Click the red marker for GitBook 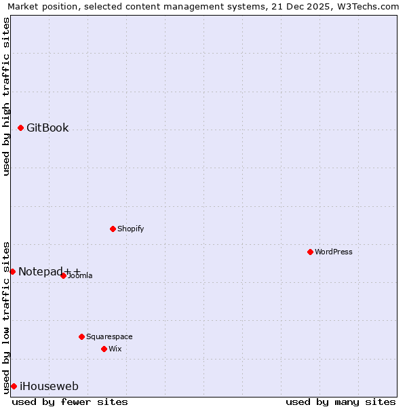[x=20, y=128]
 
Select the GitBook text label [x=47, y=128]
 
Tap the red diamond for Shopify [x=113, y=229]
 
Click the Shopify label [x=130, y=229]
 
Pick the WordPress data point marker [x=310, y=252]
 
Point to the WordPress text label [x=333, y=252]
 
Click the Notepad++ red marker [x=12, y=271]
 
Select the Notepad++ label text [x=49, y=271]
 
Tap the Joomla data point [x=63, y=275]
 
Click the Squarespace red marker [x=81, y=336]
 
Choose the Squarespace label [x=109, y=336]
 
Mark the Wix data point [x=104, y=349]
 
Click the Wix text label [x=115, y=349]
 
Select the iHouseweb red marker [x=14, y=386]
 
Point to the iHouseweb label [x=49, y=387]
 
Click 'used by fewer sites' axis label [x=70, y=402]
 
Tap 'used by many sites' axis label [x=341, y=402]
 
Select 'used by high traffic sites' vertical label [x=6, y=96]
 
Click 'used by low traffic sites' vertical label [x=6, y=317]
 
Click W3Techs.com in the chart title [x=366, y=6]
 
